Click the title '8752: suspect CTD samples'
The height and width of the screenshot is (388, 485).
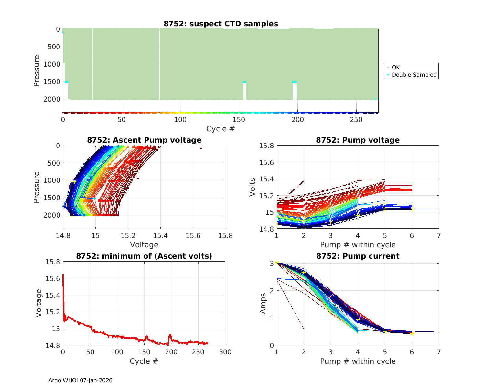221,24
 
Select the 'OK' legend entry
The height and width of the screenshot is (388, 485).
395,67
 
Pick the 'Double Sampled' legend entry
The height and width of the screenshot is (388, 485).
414,75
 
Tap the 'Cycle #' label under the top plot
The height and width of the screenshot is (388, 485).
221,129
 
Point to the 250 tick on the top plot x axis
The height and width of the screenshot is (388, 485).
356,119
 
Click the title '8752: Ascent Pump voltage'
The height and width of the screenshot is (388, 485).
144,140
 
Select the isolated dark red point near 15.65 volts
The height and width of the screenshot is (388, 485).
201,148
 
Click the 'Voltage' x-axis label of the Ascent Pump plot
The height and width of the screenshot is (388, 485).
144,245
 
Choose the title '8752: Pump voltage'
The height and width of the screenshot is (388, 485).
358,140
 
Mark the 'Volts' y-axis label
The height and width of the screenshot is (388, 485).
253,187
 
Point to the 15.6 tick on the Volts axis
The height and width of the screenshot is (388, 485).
267,162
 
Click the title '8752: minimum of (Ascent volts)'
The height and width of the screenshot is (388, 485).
144,256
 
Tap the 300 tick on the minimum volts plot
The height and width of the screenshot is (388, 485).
225,352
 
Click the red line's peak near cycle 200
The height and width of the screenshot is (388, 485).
170,335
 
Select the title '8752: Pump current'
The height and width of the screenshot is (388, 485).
358,256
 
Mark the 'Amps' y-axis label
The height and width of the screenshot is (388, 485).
264,303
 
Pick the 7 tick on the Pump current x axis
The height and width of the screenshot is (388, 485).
439,352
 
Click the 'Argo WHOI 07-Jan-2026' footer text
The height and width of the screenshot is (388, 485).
80,380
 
